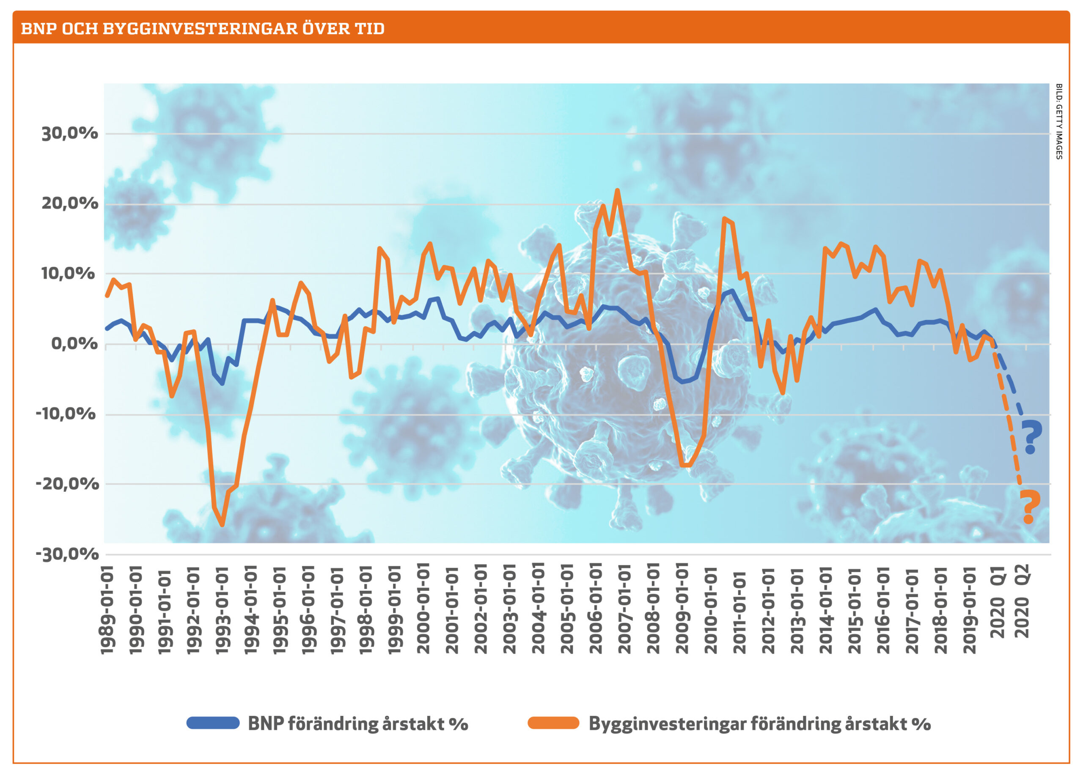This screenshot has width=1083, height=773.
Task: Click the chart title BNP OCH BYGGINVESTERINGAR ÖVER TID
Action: [x=203, y=29]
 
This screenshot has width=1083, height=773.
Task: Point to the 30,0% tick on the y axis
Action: [x=69, y=133]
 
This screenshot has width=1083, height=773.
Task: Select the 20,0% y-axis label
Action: [x=69, y=203]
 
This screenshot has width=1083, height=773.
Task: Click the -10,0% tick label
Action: [x=66, y=413]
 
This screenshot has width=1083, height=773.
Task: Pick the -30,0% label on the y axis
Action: [x=67, y=554]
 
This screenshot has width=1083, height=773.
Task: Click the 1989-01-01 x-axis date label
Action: [x=108, y=609]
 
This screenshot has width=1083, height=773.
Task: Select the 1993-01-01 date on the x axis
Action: [x=223, y=609]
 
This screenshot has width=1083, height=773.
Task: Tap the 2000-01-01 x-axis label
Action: [x=423, y=609]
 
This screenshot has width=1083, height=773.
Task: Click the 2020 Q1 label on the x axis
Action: [x=997, y=601]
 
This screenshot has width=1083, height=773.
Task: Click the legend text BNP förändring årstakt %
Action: [x=358, y=724]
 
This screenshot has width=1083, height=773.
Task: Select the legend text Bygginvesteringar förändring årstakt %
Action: [x=760, y=724]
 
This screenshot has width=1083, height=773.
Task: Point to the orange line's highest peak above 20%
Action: [x=617, y=190]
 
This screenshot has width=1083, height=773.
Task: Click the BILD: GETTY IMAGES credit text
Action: [x=1059, y=121]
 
